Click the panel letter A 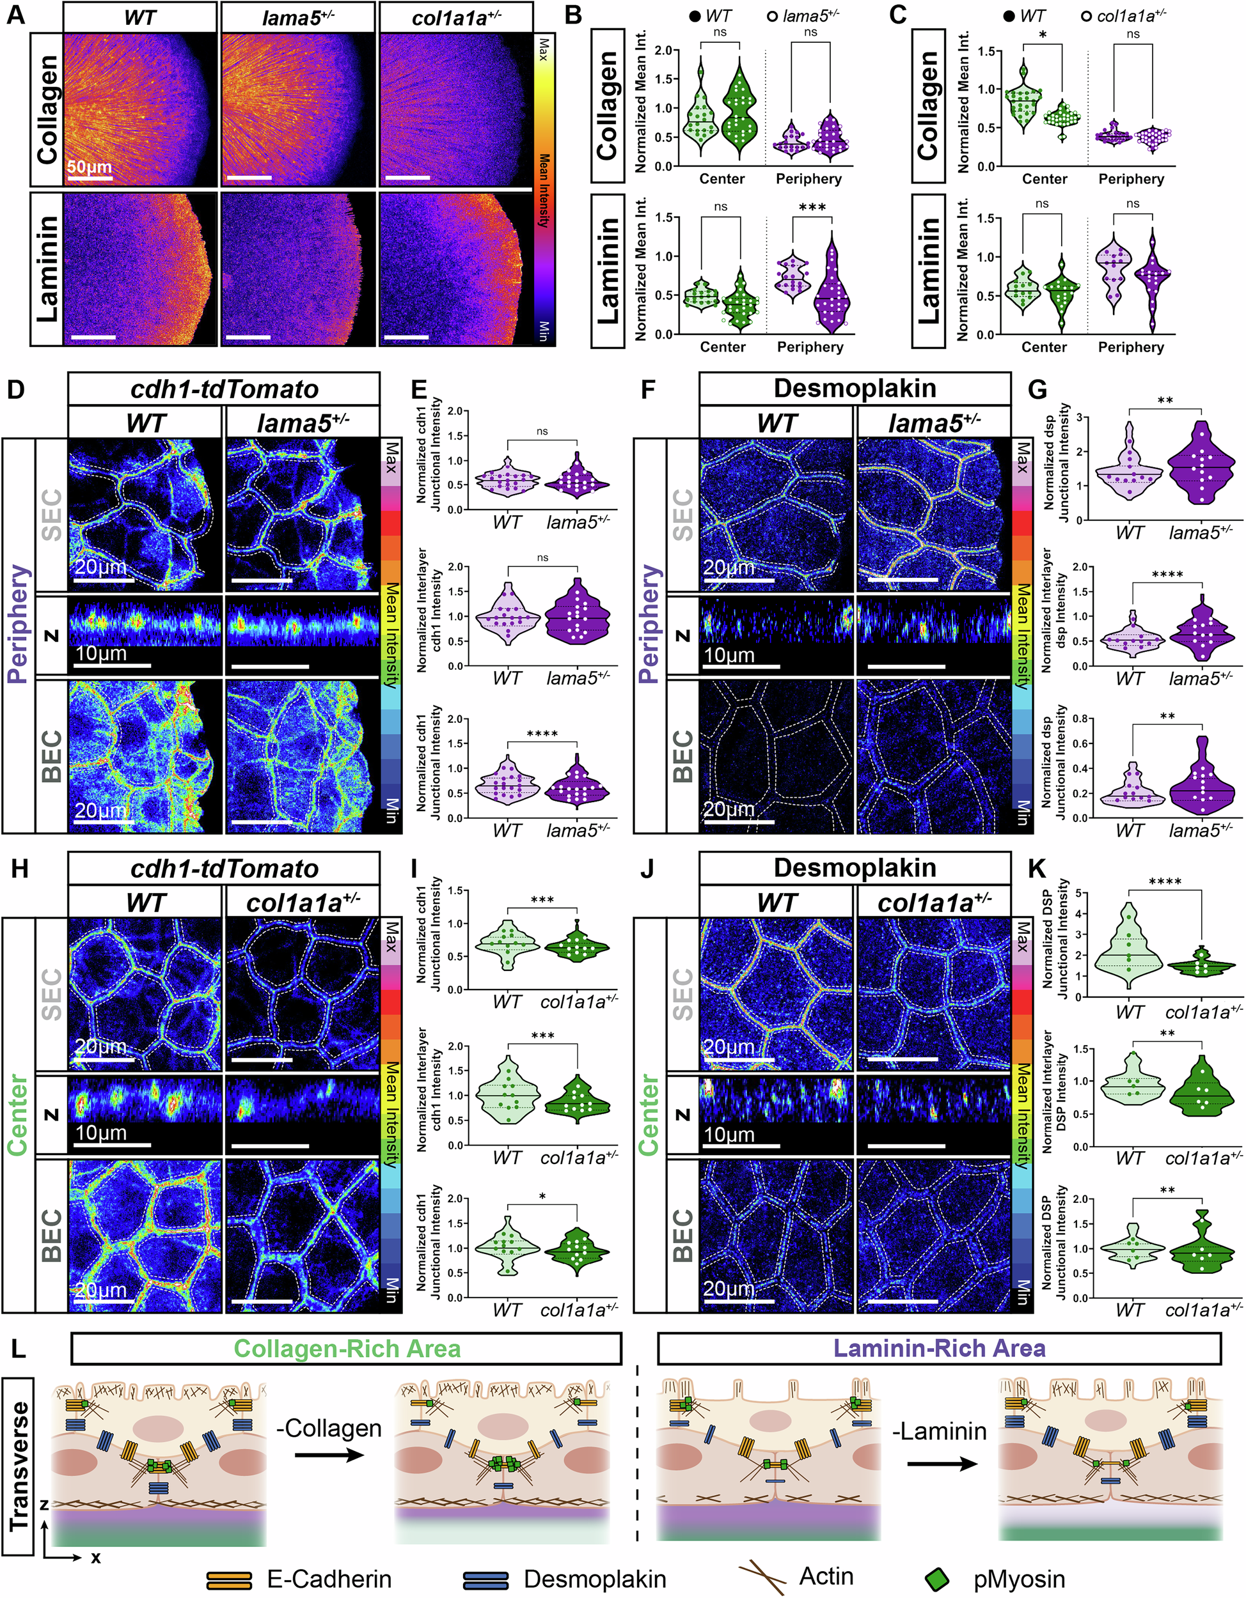pos(15,15)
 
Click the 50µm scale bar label pos(90,167)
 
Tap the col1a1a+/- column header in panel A pos(456,17)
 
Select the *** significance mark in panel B pos(812,208)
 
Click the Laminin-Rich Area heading pos(939,1348)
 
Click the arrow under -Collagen pos(329,1453)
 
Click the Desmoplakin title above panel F pos(855,388)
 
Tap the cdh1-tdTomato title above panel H pos(224,868)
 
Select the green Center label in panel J pos(649,1113)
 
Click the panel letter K pos(1037,869)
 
